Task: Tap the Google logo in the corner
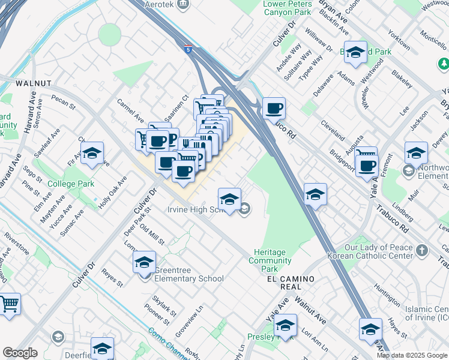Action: (20, 353)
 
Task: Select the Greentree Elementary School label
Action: (189, 278)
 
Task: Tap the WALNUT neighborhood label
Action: (34, 82)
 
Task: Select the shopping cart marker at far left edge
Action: (9, 304)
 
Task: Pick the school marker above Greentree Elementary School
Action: (144, 262)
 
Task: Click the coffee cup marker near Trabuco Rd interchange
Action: (274, 109)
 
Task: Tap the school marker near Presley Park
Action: (286, 326)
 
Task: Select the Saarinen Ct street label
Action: (177, 107)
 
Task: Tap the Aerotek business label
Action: (158, 4)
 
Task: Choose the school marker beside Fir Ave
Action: (92, 153)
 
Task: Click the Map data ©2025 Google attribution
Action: (412, 355)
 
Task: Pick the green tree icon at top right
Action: (444, 63)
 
